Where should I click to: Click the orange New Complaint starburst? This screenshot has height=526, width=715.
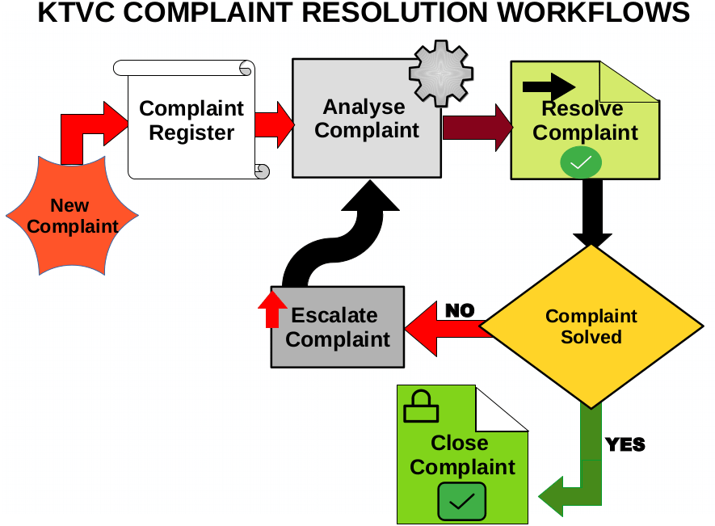tap(72, 217)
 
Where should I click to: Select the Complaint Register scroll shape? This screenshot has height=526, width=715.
tap(191, 120)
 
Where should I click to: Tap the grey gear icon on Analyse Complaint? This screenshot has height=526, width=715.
tap(440, 74)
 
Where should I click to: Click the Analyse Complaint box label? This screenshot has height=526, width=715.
tap(368, 119)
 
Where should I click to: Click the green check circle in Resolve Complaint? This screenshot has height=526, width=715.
tap(580, 164)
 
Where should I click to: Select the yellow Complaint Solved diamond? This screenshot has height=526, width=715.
tap(591, 326)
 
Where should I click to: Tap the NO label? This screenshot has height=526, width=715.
tap(460, 310)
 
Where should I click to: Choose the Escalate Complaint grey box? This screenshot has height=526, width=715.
tap(338, 328)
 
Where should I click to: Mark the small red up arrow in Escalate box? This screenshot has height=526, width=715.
tap(272, 307)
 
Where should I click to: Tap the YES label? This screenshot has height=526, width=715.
tap(625, 444)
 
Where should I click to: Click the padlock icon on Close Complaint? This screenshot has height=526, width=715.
tap(420, 407)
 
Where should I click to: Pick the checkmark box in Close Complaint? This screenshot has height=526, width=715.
tap(461, 501)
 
